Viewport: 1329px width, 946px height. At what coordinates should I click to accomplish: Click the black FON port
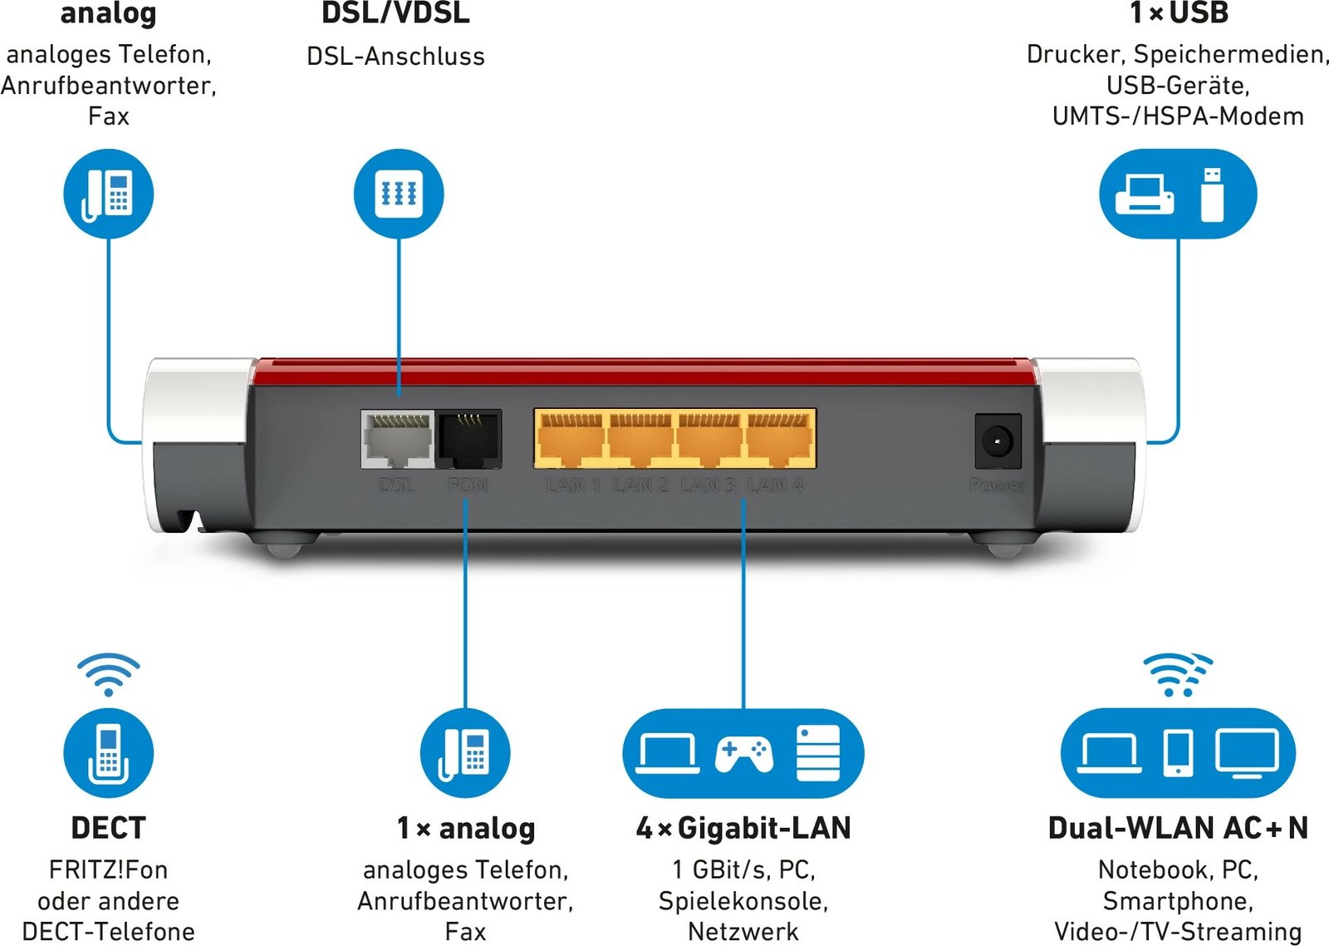click(x=469, y=438)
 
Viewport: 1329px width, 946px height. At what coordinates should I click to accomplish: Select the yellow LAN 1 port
click(x=571, y=438)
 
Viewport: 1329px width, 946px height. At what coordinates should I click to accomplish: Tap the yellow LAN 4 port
click(x=778, y=438)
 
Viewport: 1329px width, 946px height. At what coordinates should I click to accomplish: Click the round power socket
click(x=997, y=441)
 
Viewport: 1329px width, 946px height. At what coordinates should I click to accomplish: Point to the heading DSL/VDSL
click(x=395, y=13)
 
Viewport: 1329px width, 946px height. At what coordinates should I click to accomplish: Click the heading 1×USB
click(x=1179, y=13)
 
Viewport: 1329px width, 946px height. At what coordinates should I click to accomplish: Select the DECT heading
click(x=109, y=828)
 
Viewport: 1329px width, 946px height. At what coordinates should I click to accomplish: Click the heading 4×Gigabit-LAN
click(x=743, y=828)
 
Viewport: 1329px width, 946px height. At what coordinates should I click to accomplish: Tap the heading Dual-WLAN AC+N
click(x=1178, y=828)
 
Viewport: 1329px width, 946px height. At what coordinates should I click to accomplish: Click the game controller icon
click(x=743, y=753)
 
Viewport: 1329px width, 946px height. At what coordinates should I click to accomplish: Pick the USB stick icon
click(x=1213, y=195)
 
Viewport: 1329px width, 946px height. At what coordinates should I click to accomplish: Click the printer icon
click(x=1145, y=195)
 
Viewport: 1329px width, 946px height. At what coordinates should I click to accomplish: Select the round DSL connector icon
click(x=399, y=194)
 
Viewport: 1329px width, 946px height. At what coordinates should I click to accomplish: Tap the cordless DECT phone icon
click(x=109, y=753)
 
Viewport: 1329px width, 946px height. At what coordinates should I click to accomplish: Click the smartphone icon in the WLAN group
click(x=1178, y=753)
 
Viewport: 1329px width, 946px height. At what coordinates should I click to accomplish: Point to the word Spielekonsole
click(x=743, y=901)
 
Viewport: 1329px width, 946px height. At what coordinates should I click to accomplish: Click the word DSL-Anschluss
click(x=395, y=57)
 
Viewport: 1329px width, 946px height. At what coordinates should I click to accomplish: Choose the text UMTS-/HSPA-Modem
click(x=1178, y=116)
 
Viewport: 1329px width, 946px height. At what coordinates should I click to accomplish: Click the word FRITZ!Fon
click(x=109, y=870)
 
